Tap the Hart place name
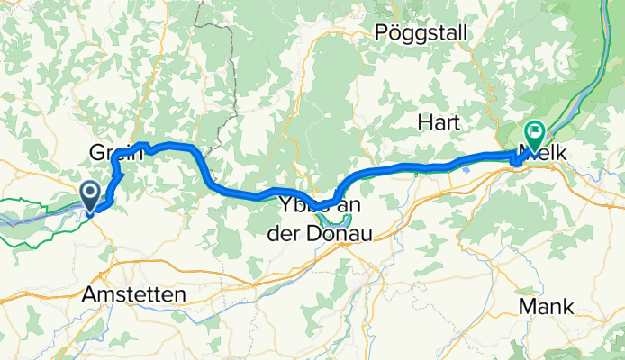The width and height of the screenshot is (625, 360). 439,121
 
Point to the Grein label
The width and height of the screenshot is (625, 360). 116,152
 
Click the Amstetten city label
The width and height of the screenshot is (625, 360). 133,294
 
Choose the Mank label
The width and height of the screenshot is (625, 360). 546,307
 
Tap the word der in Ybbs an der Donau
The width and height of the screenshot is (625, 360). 286,232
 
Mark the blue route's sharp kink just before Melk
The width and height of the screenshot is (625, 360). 515,161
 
